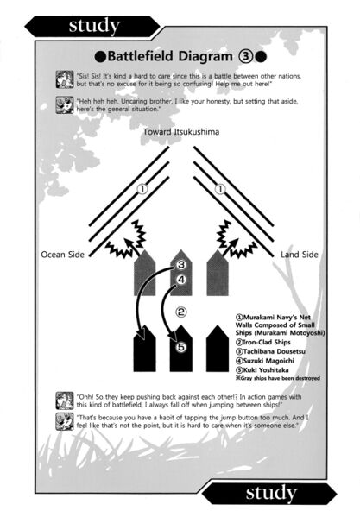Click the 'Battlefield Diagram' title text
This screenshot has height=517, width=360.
click(x=170, y=56)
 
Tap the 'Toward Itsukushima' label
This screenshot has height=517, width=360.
click(x=181, y=132)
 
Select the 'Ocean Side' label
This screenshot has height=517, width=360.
click(x=63, y=255)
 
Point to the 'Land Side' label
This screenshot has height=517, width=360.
click(x=300, y=255)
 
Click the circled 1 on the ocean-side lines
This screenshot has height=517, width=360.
click(x=142, y=189)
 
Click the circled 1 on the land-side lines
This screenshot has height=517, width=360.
click(x=220, y=189)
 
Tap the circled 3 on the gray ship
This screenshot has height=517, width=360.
click(x=181, y=264)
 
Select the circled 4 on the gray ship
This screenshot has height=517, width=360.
click(x=181, y=280)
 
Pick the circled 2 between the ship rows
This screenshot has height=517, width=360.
click(x=180, y=312)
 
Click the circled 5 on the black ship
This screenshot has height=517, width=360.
click(x=181, y=347)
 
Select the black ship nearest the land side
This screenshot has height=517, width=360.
click(x=218, y=349)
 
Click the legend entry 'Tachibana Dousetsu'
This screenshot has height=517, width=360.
click(x=270, y=351)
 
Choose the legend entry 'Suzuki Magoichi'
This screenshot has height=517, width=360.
click(x=265, y=361)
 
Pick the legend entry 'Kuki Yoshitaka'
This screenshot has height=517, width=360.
click(x=262, y=370)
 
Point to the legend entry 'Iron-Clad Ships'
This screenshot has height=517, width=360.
click(x=263, y=343)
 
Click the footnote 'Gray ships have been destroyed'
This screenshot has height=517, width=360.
click(x=278, y=378)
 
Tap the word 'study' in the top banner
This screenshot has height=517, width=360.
click(x=94, y=27)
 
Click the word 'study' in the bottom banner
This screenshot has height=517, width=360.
click(x=271, y=494)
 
